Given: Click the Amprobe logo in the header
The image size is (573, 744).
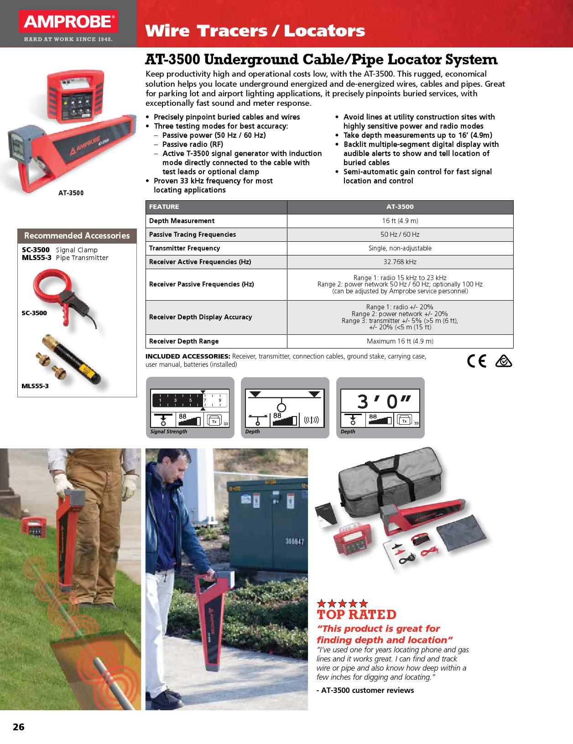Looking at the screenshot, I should tap(68, 22).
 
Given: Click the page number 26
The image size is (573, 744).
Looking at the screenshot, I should tap(19, 727).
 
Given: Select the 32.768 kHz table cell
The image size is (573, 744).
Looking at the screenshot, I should tap(400, 262).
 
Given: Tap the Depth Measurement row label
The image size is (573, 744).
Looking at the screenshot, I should tap(182, 221).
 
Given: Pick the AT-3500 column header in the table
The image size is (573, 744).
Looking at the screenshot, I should tap(400, 207).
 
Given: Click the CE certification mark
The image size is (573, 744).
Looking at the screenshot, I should tap(476, 361).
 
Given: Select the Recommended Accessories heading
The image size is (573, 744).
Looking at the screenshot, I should tap(77, 236).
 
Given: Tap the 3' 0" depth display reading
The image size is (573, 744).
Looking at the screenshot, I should tap(380, 401).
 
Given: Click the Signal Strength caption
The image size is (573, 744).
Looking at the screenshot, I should tap(169, 432).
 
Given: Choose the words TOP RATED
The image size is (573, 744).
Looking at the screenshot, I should tap(356, 614).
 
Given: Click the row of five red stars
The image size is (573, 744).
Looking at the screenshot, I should tap(343, 604).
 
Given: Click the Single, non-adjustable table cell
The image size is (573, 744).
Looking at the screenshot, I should tap(400, 248).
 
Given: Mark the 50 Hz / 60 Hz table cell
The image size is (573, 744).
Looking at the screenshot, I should tap(400, 234).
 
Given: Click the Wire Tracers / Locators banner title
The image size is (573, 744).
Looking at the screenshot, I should tap(255, 31).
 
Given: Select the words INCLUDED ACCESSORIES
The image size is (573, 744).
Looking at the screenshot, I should tap(188, 356).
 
